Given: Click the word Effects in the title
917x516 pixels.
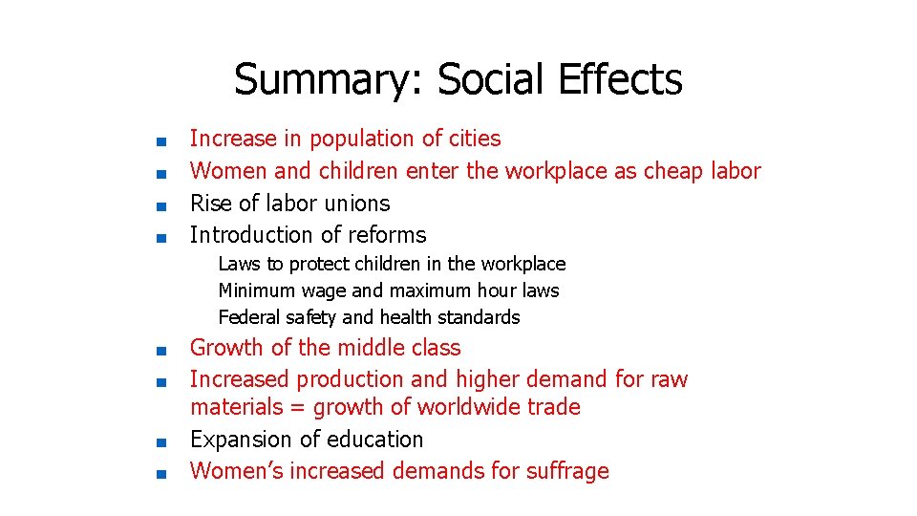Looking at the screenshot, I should pos(623,80).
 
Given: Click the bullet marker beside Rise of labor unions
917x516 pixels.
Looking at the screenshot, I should pos(161,204).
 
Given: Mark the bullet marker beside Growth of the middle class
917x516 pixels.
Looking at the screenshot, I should pos(161,350).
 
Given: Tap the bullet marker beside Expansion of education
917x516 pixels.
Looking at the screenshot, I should pos(161,441).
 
